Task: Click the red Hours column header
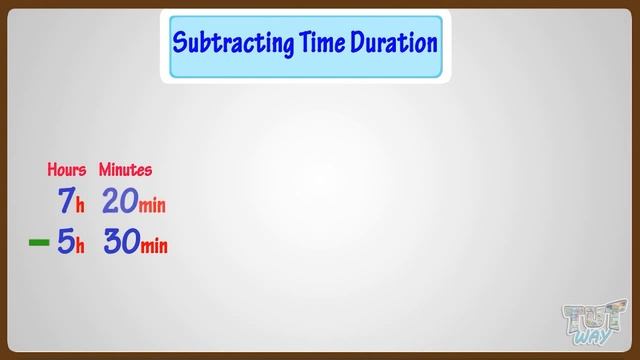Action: pyautogui.click(x=67, y=170)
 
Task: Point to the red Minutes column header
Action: pyautogui.click(x=125, y=170)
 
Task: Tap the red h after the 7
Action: pyautogui.click(x=80, y=206)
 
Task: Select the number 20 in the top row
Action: pyautogui.click(x=119, y=202)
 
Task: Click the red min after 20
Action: pyautogui.click(x=152, y=206)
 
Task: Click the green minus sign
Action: pyautogui.click(x=39, y=243)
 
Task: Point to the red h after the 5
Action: pyautogui.click(x=80, y=247)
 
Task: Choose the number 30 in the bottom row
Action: pyautogui.click(x=120, y=243)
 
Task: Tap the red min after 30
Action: pyautogui.click(x=152, y=247)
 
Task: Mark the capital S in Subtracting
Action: pyautogui.click(x=180, y=44)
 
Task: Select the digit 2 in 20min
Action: pyautogui.click(x=110, y=202)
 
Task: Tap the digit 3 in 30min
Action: pyautogui.click(x=110, y=243)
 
